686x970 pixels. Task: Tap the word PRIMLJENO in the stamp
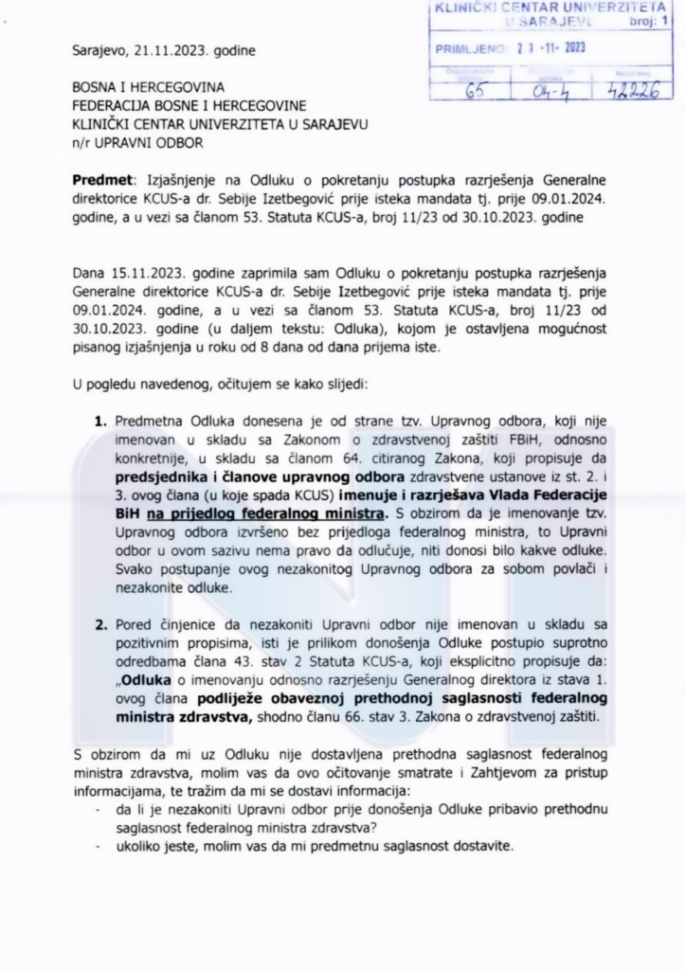tap(465, 48)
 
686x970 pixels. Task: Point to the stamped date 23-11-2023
tap(551, 48)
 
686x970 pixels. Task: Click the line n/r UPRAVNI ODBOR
tap(136, 143)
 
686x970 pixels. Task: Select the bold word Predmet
tap(101, 180)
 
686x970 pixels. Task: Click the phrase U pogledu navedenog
tap(150, 386)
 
